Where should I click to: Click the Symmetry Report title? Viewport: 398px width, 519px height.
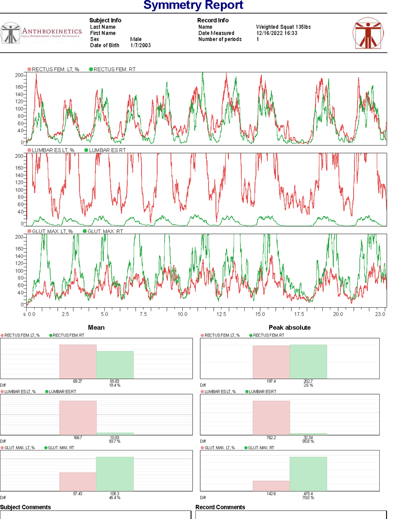193,5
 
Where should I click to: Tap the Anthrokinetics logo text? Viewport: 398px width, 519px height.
52,31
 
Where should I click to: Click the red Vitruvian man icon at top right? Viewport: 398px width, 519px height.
368,33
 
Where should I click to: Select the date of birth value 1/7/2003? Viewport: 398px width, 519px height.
140,45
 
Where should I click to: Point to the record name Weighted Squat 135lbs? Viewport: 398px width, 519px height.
283,27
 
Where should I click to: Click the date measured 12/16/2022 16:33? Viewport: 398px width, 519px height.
277,33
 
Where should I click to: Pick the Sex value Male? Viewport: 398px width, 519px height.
136,39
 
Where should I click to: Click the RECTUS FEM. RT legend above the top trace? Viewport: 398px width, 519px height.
114,69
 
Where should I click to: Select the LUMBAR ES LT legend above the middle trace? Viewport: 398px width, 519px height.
53,150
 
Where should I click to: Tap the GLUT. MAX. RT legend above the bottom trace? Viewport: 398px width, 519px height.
105,231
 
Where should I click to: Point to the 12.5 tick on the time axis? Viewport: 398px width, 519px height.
221,314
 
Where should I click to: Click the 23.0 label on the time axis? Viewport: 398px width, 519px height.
380,314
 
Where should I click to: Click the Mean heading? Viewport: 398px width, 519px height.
96,328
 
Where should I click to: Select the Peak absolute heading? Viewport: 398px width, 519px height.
289,328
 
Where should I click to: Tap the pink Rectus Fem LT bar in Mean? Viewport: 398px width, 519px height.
78,362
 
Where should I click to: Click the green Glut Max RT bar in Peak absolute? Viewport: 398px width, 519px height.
308,474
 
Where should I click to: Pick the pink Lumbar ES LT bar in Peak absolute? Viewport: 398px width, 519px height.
271,417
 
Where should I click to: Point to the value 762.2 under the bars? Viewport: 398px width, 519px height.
271,438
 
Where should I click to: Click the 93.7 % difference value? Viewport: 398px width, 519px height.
115,441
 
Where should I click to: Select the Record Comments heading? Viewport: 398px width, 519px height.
220,507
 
